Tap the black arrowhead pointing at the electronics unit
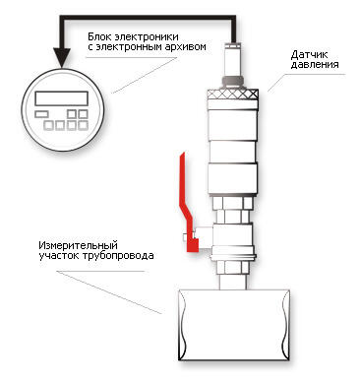click(x=62, y=58)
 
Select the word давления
click(x=315, y=64)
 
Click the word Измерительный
click(x=78, y=245)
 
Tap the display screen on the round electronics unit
click(x=62, y=98)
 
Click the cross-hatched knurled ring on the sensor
click(x=232, y=95)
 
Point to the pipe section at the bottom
click(x=234, y=325)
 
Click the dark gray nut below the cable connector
click(x=232, y=81)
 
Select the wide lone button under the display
click(x=41, y=114)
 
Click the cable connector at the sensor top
click(x=233, y=59)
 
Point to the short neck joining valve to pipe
click(x=233, y=282)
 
